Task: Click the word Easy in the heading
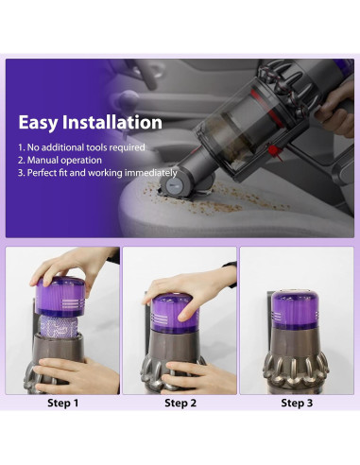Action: [x=41, y=123]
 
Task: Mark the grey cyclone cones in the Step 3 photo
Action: [x=299, y=364]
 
